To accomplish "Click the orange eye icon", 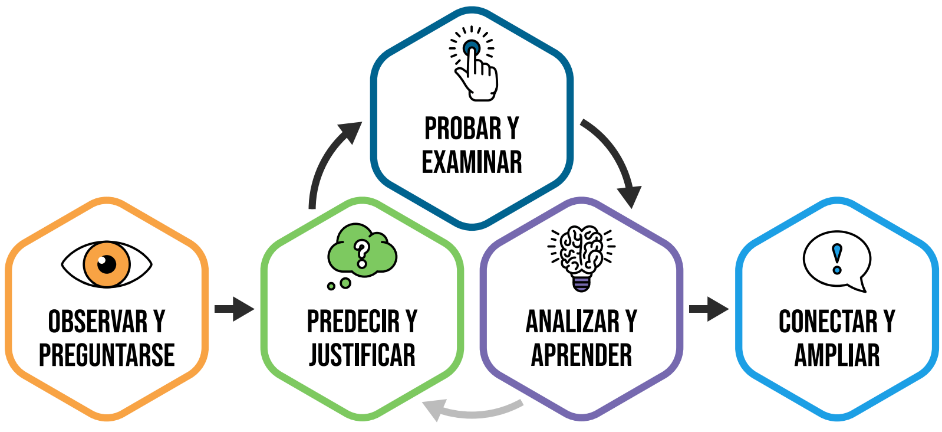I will (x=107, y=264).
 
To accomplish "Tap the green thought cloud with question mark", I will (x=361, y=251).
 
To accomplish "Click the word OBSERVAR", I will (x=98, y=322).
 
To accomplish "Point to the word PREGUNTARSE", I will (x=107, y=355).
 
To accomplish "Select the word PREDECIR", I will (x=353, y=322).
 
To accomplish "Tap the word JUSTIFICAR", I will (x=362, y=355).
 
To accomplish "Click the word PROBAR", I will (x=463, y=129).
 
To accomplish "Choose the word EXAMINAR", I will (x=472, y=162).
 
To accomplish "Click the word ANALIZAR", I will (x=572, y=322).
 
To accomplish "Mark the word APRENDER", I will (x=581, y=355).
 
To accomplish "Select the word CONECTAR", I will (x=828, y=322).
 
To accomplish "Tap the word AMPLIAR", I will (x=837, y=355).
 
